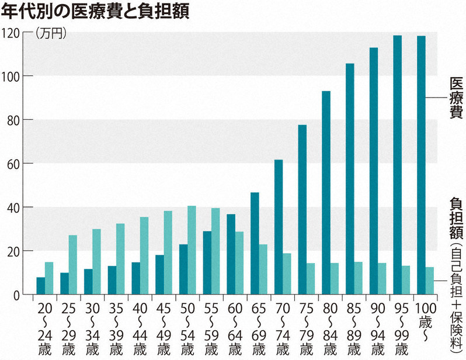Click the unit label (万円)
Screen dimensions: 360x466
(x=51, y=34)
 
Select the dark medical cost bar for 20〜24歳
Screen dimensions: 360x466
(x=41, y=286)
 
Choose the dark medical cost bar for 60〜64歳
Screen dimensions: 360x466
(x=231, y=254)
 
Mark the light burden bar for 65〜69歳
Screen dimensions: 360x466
(x=263, y=269)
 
